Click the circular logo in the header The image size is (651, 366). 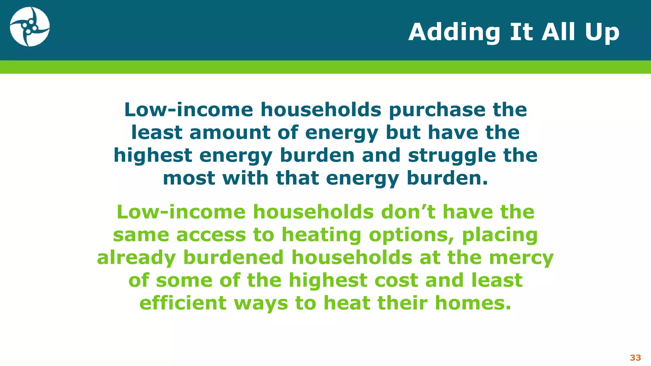(30, 27)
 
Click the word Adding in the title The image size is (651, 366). (454, 32)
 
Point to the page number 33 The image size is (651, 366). (635, 358)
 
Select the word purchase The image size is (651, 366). (437, 110)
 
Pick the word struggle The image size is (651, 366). (452, 155)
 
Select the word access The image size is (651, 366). (211, 235)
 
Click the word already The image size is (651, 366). (136, 258)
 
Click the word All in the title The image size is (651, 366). (559, 32)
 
